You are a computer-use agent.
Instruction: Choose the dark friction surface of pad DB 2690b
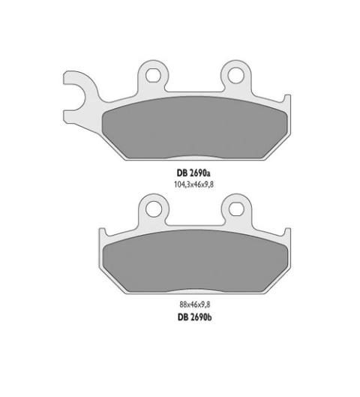(196, 263)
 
